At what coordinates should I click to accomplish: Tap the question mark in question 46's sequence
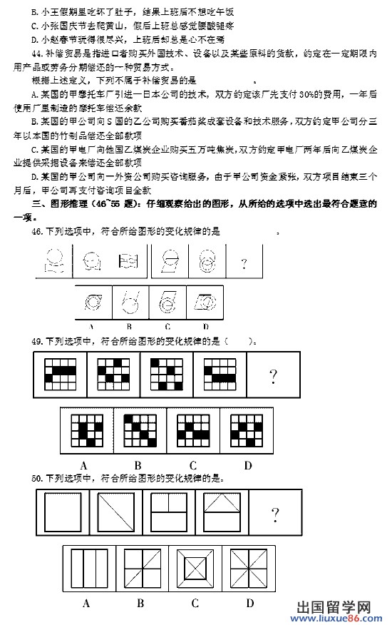point(244,265)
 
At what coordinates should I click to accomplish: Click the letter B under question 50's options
point(141,604)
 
